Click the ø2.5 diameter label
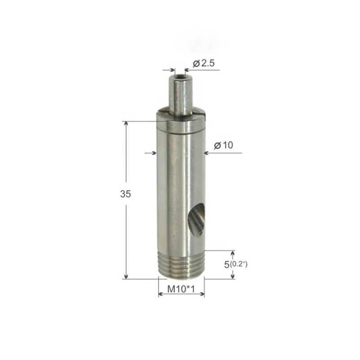coord(203,63)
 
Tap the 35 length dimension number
coord(126,194)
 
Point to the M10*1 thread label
coord(182,289)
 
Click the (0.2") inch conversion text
coord(238,264)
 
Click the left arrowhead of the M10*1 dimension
coord(161,295)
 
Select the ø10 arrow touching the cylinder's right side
coord(207,153)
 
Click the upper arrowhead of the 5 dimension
coord(233,253)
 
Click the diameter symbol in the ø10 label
coord(217,145)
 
